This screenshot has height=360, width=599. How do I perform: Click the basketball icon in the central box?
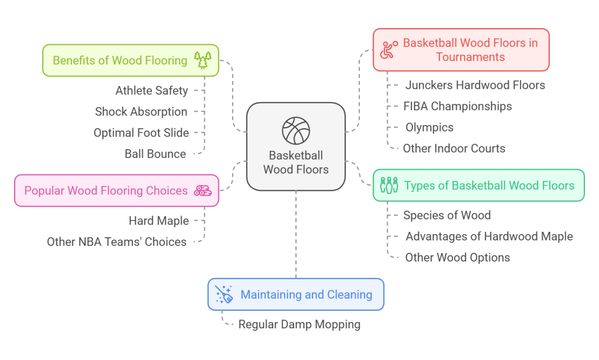(x=295, y=131)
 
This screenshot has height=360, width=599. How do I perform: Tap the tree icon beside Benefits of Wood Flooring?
(x=202, y=60)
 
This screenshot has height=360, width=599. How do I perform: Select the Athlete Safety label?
(x=152, y=90)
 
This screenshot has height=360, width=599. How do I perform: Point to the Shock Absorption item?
(x=141, y=111)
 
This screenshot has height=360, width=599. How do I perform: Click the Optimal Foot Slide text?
(x=141, y=133)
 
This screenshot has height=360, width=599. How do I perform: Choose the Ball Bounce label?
(x=155, y=154)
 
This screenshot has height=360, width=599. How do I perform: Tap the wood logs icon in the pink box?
(x=202, y=190)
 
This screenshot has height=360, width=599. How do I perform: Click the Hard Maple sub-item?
(x=159, y=221)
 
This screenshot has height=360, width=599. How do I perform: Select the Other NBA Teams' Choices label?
(x=116, y=242)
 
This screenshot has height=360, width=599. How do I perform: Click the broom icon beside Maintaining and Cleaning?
(x=224, y=294)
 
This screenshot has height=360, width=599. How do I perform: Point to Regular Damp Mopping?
(x=299, y=324)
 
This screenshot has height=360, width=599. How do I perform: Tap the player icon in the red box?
(x=388, y=50)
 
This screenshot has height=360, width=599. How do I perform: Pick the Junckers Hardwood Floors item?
(x=475, y=85)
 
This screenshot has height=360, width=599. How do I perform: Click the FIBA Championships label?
(x=457, y=106)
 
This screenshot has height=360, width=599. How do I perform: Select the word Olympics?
(x=429, y=127)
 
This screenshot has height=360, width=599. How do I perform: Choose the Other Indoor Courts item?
(x=454, y=148)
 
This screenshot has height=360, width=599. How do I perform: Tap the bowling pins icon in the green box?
(x=389, y=186)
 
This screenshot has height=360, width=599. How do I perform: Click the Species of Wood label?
(x=447, y=215)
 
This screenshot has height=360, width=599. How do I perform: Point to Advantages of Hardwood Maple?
(x=489, y=236)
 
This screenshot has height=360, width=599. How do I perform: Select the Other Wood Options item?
(x=457, y=258)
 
